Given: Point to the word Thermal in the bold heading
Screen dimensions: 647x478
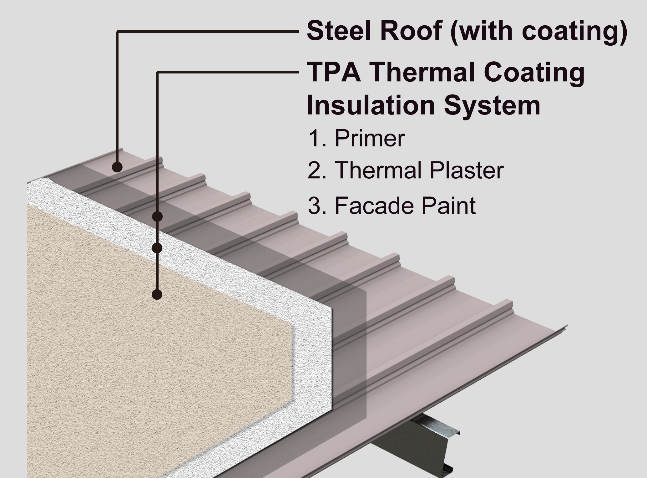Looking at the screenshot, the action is point(422,73).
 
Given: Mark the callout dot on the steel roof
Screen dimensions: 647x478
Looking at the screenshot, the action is point(117,167).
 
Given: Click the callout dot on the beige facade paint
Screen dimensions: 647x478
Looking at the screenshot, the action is point(157,294).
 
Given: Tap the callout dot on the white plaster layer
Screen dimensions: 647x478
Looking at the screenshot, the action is point(157,248).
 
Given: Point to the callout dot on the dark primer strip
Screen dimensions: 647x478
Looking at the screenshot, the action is point(157,216).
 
